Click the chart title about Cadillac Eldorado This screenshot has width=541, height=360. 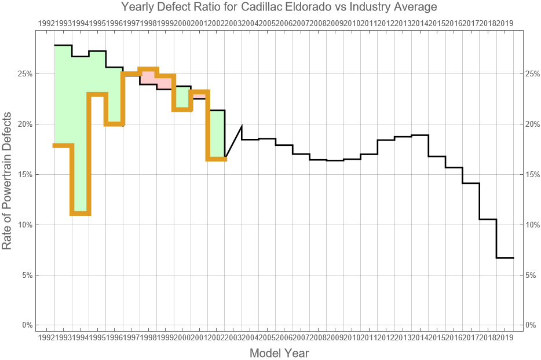279,8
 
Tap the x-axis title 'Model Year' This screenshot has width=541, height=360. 279,353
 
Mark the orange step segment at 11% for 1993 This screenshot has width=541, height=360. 81,214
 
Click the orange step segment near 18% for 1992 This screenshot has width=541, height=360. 63,145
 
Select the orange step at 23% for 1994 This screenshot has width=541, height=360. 97,94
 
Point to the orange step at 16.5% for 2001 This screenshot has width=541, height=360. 217,159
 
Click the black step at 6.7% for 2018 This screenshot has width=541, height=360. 505,258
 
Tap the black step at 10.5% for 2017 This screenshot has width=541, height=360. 488,219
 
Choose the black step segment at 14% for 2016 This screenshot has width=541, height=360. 471,183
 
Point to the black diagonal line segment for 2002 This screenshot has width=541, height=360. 233,141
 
